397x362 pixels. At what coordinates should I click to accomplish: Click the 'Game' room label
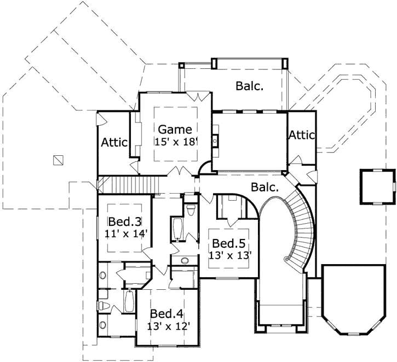(175, 129)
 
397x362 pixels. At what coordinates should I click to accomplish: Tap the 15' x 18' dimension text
(175, 141)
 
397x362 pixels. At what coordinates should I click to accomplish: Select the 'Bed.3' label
(125, 222)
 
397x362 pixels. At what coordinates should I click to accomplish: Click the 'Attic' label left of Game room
(114, 142)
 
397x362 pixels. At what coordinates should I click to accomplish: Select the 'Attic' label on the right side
(302, 135)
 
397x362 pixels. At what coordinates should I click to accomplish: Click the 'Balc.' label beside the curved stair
(265, 187)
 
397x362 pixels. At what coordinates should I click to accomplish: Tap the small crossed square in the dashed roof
(59, 160)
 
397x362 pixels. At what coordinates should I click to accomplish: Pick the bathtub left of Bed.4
(129, 302)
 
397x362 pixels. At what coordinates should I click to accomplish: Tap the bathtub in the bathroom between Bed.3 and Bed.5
(177, 230)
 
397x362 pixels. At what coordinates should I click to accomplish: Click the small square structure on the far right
(377, 186)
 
